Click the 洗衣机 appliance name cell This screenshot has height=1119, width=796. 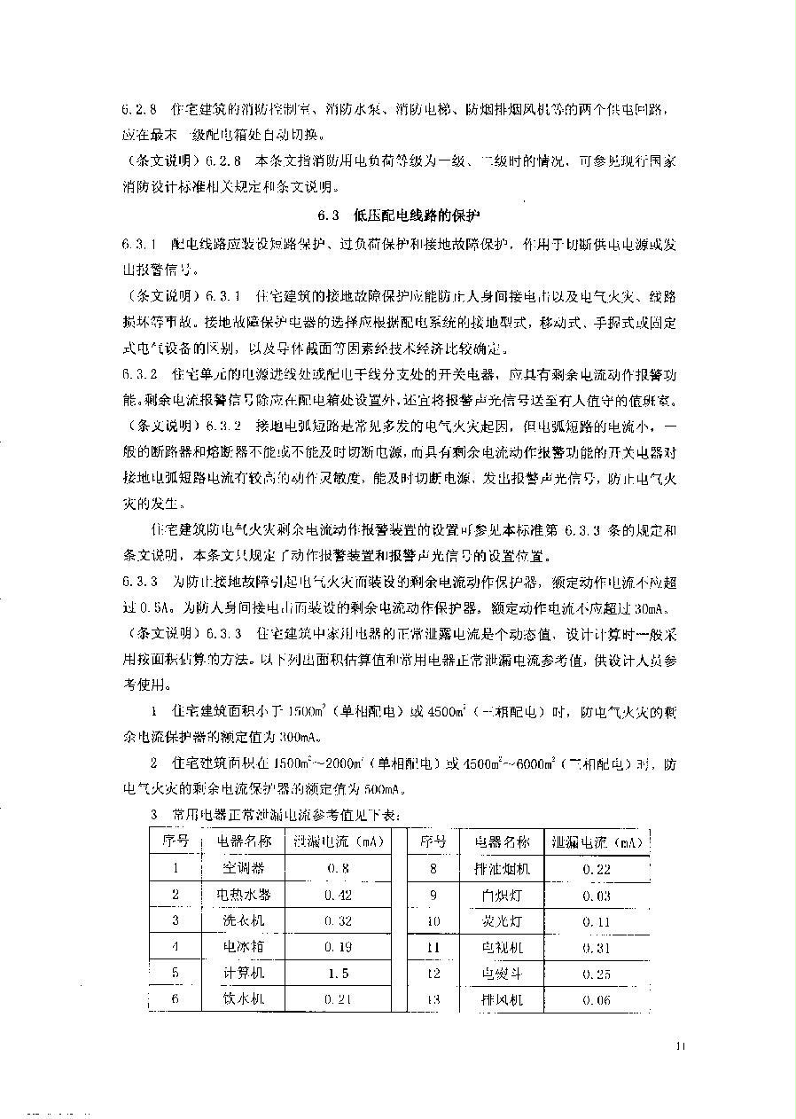click(x=242, y=920)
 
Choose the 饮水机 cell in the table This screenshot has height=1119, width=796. click(x=242, y=999)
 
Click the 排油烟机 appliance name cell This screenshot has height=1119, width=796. click(x=502, y=868)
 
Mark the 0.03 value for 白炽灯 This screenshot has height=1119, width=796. click(x=597, y=896)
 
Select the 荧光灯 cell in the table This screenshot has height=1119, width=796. click(x=502, y=921)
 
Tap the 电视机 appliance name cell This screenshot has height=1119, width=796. click(x=502, y=947)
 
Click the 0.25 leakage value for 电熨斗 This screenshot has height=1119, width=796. click(x=597, y=974)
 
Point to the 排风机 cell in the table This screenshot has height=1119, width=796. click(x=502, y=999)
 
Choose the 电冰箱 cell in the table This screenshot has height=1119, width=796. click(x=242, y=946)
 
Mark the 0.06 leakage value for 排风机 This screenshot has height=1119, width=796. click(x=597, y=999)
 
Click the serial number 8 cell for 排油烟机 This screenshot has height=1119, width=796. click(x=433, y=868)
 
